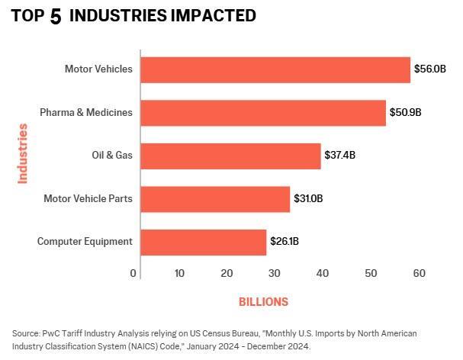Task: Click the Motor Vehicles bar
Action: (x=275, y=69)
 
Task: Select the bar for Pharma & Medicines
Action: (x=262, y=113)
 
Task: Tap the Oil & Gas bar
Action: (x=230, y=156)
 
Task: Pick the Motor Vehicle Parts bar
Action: (x=215, y=198)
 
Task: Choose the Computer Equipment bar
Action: (x=203, y=242)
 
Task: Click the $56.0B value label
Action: (x=429, y=69)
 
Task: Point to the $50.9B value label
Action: (x=405, y=113)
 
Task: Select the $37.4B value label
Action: (x=339, y=156)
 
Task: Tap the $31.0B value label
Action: (x=308, y=198)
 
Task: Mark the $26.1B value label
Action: (x=284, y=242)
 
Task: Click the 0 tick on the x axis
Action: (x=133, y=273)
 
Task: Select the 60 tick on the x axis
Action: (x=417, y=273)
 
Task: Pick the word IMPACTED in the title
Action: (x=217, y=16)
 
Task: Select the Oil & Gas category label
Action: (x=112, y=156)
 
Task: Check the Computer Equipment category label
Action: (x=85, y=242)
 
